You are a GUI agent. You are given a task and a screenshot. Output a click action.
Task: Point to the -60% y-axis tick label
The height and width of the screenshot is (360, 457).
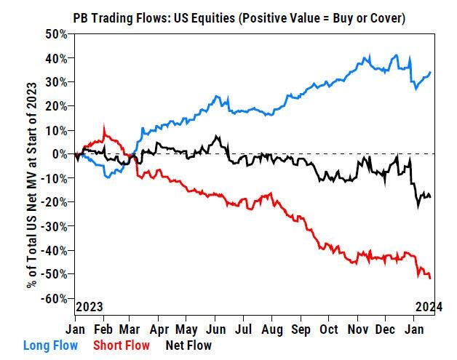click(x=55, y=298)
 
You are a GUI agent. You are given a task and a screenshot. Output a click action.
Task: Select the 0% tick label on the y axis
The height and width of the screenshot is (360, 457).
click(x=60, y=153)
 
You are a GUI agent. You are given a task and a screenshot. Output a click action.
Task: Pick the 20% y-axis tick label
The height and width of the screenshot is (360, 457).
click(x=57, y=105)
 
